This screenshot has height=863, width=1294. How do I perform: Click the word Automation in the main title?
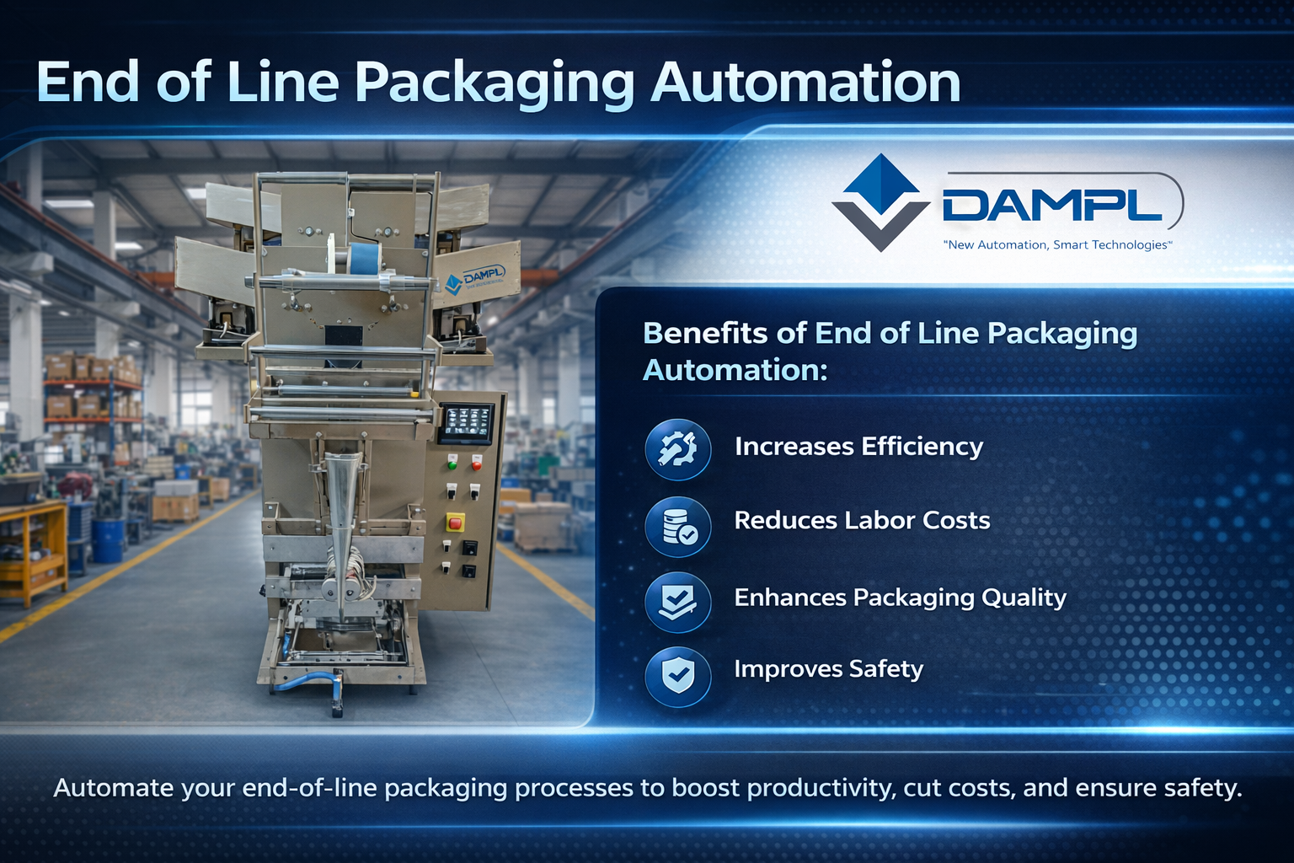(x=805, y=83)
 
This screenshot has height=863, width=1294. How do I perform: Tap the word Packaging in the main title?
(x=494, y=84)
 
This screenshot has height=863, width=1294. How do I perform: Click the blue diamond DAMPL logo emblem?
(x=880, y=202)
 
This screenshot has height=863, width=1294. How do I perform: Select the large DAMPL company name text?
(x=1052, y=205)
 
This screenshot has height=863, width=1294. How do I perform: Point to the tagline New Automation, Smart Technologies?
(x=1058, y=245)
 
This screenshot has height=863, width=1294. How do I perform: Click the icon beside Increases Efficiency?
(x=678, y=449)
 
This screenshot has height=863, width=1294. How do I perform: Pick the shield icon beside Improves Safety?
(x=678, y=675)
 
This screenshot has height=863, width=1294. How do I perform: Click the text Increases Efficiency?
(x=858, y=446)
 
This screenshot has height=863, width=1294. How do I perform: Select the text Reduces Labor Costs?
(x=862, y=520)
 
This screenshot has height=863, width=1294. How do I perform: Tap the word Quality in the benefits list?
(x=1024, y=598)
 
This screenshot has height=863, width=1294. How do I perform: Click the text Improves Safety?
(x=828, y=669)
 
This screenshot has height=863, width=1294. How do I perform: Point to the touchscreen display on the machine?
(x=466, y=421)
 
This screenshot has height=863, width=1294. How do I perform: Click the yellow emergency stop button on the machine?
(x=455, y=523)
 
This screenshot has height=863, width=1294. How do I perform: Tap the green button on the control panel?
(x=452, y=462)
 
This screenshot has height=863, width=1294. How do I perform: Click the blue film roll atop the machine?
(x=364, y=259)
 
